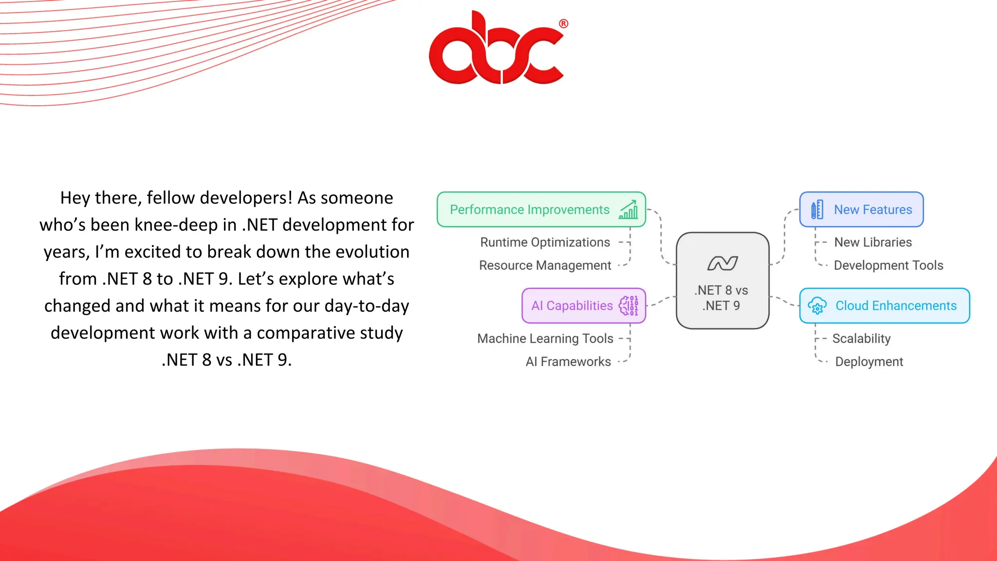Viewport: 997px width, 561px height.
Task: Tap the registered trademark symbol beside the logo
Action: coord(563,23)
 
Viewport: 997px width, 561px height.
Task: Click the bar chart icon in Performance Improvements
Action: coord(628,209)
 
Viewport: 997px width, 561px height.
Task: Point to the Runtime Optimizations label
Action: coord(545,242)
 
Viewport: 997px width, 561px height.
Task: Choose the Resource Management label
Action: coord(545,265)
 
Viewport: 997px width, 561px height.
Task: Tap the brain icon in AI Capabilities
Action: coord(628,306)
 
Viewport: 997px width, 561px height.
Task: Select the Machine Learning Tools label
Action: coord(545,338)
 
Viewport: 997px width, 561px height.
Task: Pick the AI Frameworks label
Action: coord(568,362)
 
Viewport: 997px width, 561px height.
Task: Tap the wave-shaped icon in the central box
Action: coord(722,263)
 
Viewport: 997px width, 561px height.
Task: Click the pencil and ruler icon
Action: coord(817,209)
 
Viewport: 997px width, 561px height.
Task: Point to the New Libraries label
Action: coord(873,242)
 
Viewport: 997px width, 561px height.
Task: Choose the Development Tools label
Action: coord(888,265)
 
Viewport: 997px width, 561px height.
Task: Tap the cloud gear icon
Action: coord(817,306)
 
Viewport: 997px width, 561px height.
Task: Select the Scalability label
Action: coord(861,338)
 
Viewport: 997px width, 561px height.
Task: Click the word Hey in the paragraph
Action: coord(75,198)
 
